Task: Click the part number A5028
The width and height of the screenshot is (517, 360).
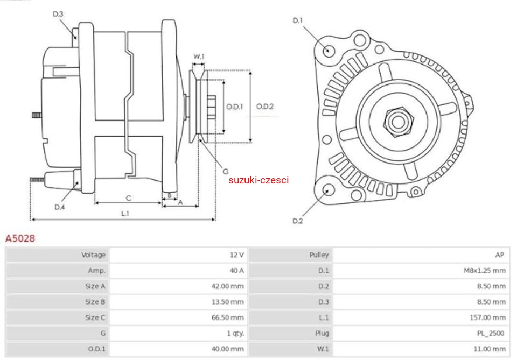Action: (x=20, y=238)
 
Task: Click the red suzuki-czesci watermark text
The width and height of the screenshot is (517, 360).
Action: (x=258, y=180)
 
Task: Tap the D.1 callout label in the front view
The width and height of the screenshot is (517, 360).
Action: (x=298, y=20)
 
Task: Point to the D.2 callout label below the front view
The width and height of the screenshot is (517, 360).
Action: (x=298, y=221)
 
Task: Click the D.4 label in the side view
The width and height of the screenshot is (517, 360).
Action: (x=59, y=207)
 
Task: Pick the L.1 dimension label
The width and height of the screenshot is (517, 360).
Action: (x=125, y=214)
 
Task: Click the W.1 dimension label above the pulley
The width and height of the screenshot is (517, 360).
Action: (x=199, y=57)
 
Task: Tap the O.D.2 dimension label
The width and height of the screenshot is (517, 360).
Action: (x=265, y=107)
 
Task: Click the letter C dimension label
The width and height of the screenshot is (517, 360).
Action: (x=128, y=198)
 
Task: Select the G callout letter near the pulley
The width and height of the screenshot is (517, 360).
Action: (x=226, y=171)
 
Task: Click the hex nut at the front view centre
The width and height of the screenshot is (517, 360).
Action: (x=397, y=122)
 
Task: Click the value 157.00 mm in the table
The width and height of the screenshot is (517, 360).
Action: (x=487, y=317)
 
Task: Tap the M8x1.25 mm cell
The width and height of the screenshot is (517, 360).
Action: (x=485, y=271)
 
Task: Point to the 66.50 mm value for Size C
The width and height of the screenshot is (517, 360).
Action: (x=227, y=317)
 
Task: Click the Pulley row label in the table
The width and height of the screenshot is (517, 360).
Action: (x=319, y=255)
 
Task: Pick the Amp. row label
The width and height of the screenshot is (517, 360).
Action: (x=97, y=271)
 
